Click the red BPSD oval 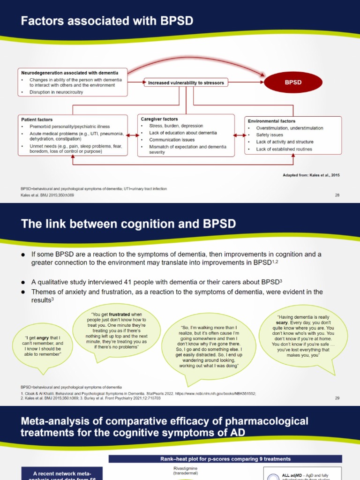click(293, 82)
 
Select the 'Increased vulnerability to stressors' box click(186, 83)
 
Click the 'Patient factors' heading click(37, 120)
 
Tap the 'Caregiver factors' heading click(159, 119)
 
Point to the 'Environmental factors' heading click(271, 121)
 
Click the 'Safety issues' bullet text click(270, 135)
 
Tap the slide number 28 click(337, 195)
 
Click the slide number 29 click(337, 398)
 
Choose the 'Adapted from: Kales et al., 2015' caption click(311, 175)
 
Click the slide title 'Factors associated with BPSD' click(107, 21)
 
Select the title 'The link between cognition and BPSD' click(128, 225)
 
